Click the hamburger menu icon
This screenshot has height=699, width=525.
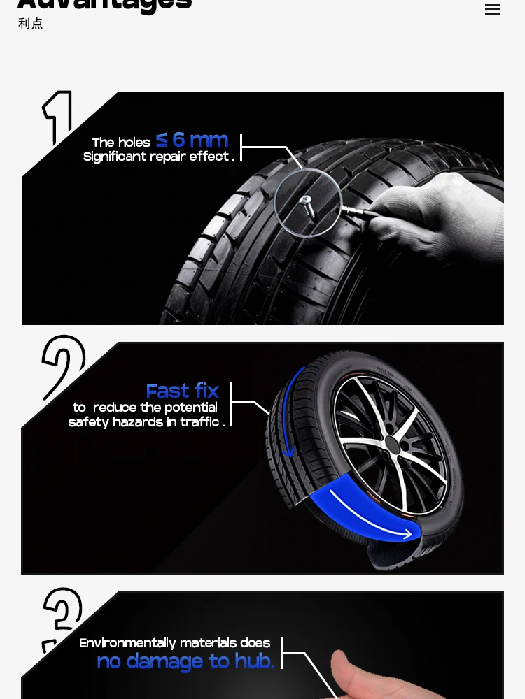click(492, 9)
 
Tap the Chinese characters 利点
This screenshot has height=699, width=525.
click(31, 24)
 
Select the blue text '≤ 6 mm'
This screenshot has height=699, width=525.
click(192, 140)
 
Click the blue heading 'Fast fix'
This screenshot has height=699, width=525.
click(182, 390)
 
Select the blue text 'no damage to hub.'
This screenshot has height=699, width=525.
click(185, 661)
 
